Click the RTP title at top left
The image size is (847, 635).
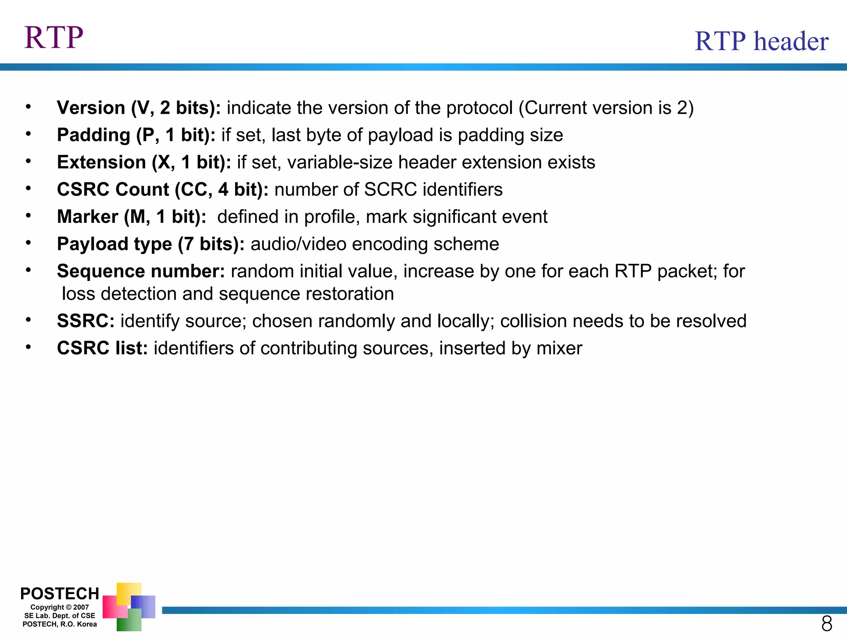point(54,38)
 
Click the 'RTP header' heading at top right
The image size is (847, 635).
point(761,41)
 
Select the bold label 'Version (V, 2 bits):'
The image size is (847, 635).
point(139,108)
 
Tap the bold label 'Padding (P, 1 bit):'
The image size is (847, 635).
point(136,135)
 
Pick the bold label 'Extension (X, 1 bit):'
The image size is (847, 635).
point(144,162)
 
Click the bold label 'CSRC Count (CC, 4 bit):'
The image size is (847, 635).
point(163,190)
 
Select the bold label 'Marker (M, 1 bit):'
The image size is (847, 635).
point(132,217)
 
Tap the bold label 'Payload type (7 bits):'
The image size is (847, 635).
point(151,244)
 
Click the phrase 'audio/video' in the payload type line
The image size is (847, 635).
point(298,244)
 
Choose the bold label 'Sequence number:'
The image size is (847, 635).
point(141,272)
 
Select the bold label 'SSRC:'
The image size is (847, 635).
point(86,321)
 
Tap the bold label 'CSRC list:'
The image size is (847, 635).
point(102,349)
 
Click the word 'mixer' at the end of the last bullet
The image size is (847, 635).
point(559,349)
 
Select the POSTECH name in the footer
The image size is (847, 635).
point(60,594)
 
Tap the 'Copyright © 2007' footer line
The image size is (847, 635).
point(60,607)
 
